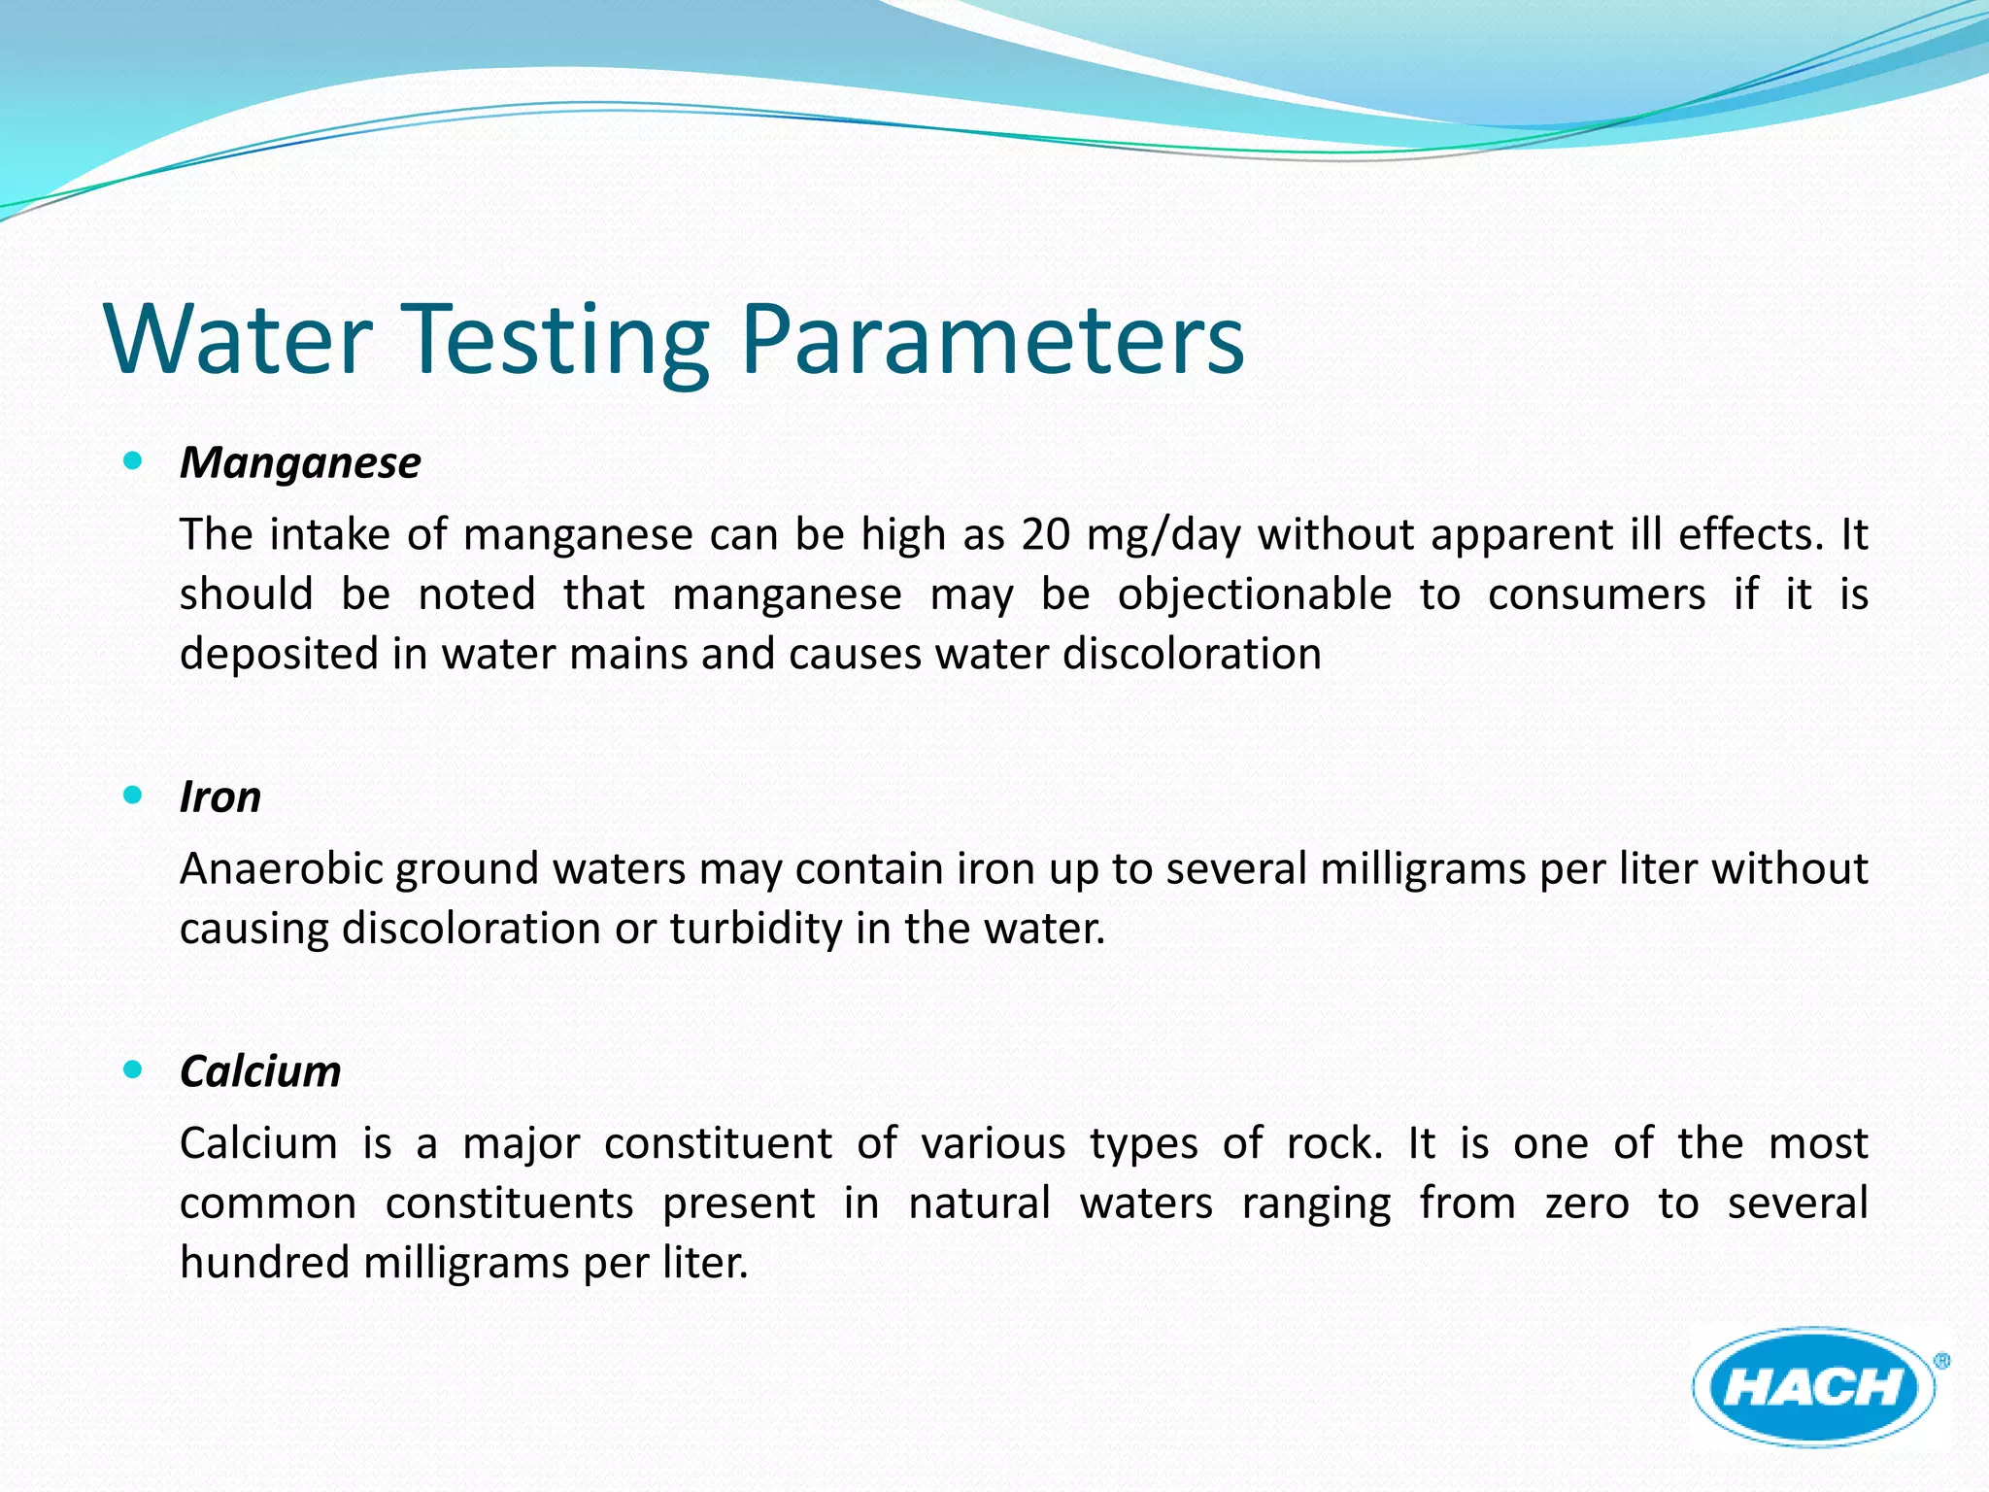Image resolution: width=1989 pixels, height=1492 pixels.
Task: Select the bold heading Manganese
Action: tap(300, 462)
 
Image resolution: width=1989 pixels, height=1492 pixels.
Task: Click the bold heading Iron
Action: tap(220, 797)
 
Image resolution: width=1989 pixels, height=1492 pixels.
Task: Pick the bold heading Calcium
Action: tap(260, 1071)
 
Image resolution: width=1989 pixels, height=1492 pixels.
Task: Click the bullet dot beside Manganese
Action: tap(134, 460)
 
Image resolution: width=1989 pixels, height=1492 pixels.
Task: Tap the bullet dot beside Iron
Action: tap(134, 796)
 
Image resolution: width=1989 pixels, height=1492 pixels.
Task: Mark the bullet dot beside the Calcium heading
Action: tap(134, 1070)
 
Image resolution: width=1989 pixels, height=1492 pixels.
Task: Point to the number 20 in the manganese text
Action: tap(1045, 535)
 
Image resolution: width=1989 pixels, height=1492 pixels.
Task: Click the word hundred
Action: tap(263, 1263)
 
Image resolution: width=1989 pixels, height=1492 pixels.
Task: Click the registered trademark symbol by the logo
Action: tap(1941, 1362)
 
